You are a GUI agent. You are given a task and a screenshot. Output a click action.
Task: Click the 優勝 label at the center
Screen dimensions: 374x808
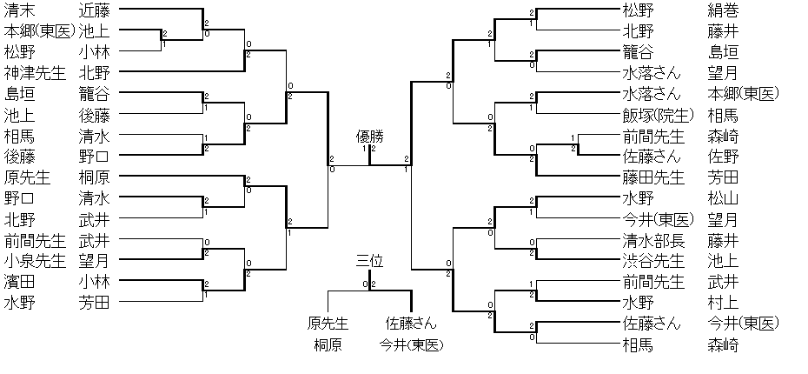coord(369,137)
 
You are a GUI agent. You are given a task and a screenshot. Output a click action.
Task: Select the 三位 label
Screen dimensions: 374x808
coord(369,262)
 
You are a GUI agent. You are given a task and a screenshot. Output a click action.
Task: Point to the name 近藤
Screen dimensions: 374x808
coord(94,10)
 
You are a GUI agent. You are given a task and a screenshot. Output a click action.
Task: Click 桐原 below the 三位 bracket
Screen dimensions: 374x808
coord(328,345)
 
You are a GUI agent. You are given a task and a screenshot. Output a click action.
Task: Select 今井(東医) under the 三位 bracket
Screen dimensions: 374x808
coord(411,345)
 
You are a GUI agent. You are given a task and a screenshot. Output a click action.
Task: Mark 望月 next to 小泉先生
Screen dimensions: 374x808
coord(94,260)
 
